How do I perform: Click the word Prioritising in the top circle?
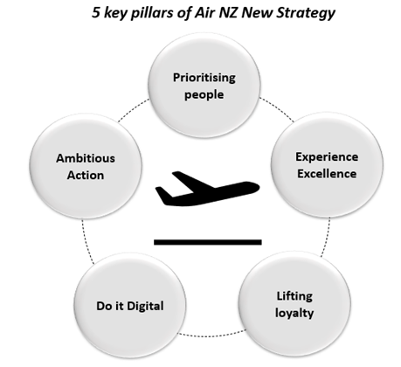(x=204, y=78)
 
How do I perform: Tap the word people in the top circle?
(x=204, y=95)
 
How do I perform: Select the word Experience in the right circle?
(x=327, y=157)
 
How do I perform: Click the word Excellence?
(x=327, y=174)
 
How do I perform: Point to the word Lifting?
(x=294, y=296)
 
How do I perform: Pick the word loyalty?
(x=294, y=313)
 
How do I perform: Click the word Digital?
(x=145, y=306)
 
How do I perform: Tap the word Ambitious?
(x=86, y=158)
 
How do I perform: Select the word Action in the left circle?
(x=86, y=176)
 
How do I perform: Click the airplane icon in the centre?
(x=207, y=189)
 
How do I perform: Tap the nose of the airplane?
(x=258, y=187)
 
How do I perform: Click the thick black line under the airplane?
(x=208, y=242)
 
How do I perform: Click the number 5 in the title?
(x=96, y=12)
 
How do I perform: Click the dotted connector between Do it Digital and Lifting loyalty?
(x=212, y=336)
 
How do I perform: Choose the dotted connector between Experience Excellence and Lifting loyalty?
(x=327, y=237)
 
